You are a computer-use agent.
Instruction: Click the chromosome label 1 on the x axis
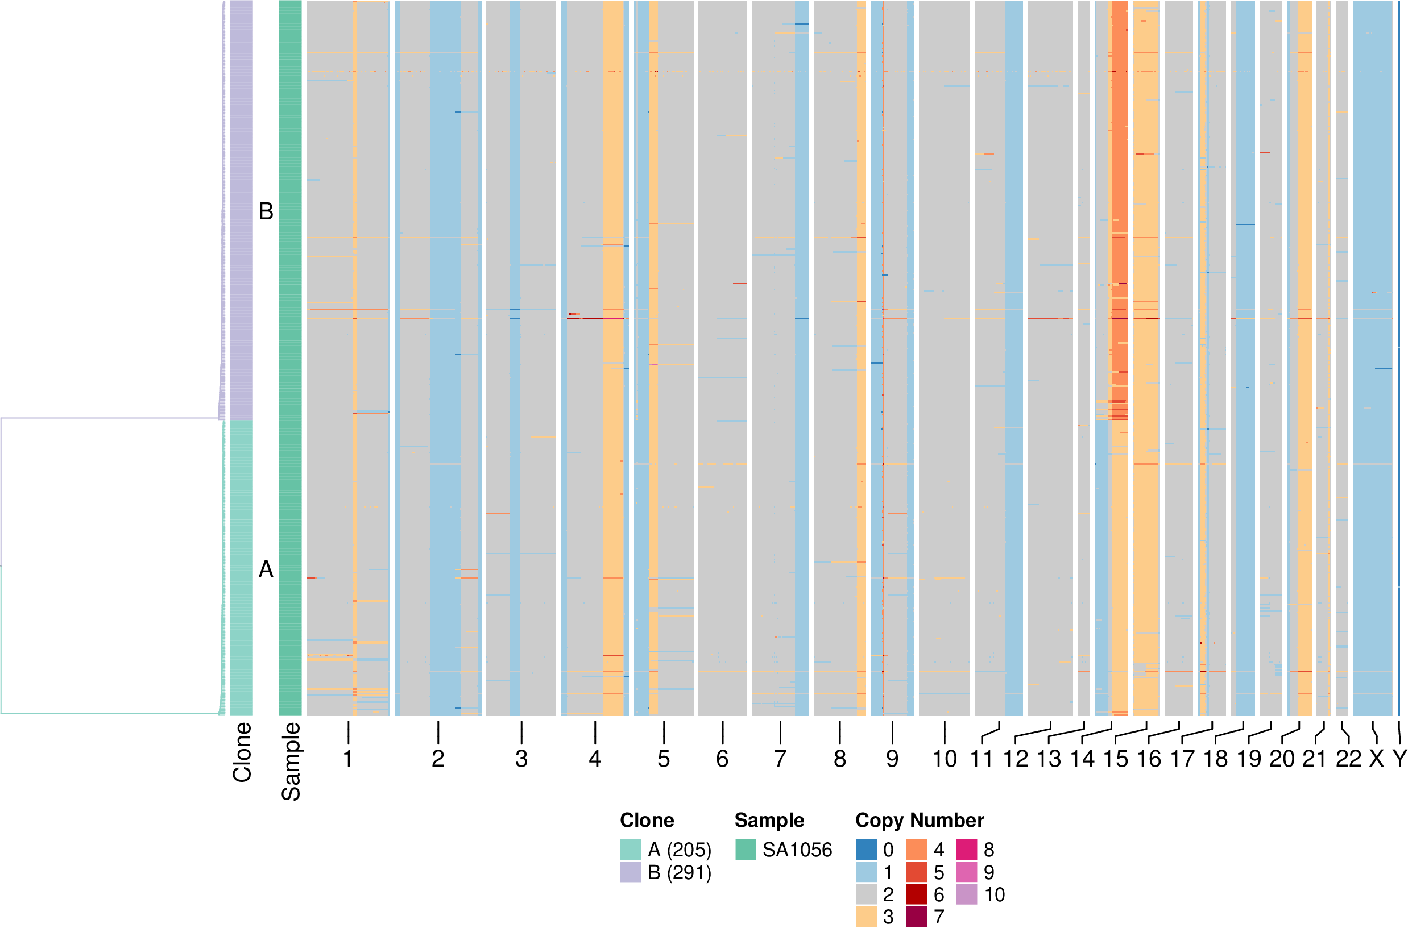tap(348, 759)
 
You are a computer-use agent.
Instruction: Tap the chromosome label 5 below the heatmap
tap(664, 759)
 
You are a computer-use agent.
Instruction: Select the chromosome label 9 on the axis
tap(892, 759)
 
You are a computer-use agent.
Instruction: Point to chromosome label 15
tap(1116, 759)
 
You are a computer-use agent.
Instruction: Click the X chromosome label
tap(1377, 759)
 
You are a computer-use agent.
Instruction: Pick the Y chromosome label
tap(1399, 759)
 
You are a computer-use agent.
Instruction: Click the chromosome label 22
tap(1348, 759)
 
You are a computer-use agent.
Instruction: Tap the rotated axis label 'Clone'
tap(242, 752)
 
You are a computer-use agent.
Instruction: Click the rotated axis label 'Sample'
tap(291, 761)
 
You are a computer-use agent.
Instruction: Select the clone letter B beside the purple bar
tap(266, 211)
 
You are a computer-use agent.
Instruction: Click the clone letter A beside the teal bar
tap(266, 569)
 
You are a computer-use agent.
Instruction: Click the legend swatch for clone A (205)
tap(630, 849)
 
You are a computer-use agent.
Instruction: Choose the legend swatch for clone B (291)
tap(630, 872)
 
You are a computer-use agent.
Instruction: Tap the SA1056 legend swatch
tap(746, 849)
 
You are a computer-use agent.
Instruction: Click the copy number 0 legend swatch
tap(866, 849)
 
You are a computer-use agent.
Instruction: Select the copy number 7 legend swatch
tap(917, 917)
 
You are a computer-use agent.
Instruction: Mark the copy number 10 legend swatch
tap(966, 894)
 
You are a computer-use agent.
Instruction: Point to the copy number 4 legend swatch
tap(917, 849)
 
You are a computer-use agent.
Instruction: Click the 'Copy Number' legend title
tap(920, 820)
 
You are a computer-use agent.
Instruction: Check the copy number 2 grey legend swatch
tap(866, 894)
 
